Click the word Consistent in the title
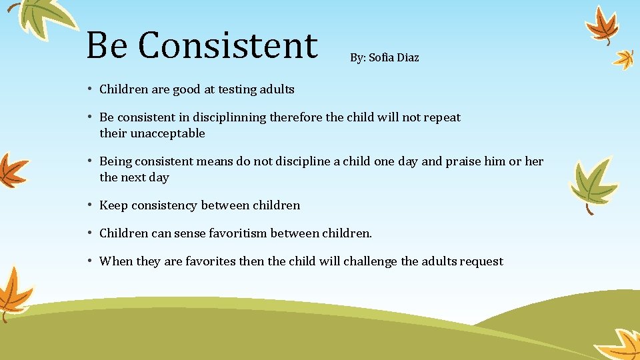point(228,45)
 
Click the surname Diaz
point(408,58)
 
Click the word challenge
point(370,261)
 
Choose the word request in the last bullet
point(481,261)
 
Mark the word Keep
point(113,205)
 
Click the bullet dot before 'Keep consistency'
point(89,205)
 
